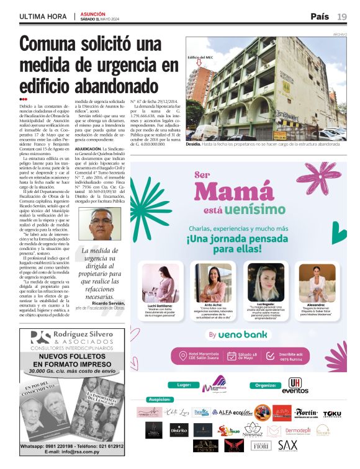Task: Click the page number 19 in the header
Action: point(342,16)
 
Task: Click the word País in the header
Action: point(320,16)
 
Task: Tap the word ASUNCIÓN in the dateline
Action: point(93,12)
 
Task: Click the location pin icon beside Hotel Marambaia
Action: point(184,356)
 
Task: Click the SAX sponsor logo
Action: point(287,445)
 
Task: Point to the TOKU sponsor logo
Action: point(332,413)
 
